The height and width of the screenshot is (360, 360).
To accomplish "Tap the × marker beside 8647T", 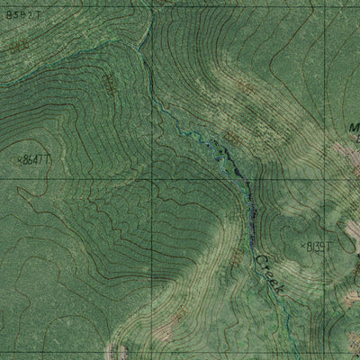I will (20, 159).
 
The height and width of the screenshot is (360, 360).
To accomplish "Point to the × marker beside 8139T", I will (301, 244).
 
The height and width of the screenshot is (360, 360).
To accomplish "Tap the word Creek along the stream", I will (268, 274).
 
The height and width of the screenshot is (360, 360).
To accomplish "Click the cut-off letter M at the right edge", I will (355, 129).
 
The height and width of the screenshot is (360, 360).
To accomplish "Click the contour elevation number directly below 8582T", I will (21, 42).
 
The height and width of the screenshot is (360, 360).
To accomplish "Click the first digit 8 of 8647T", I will (29, 159).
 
